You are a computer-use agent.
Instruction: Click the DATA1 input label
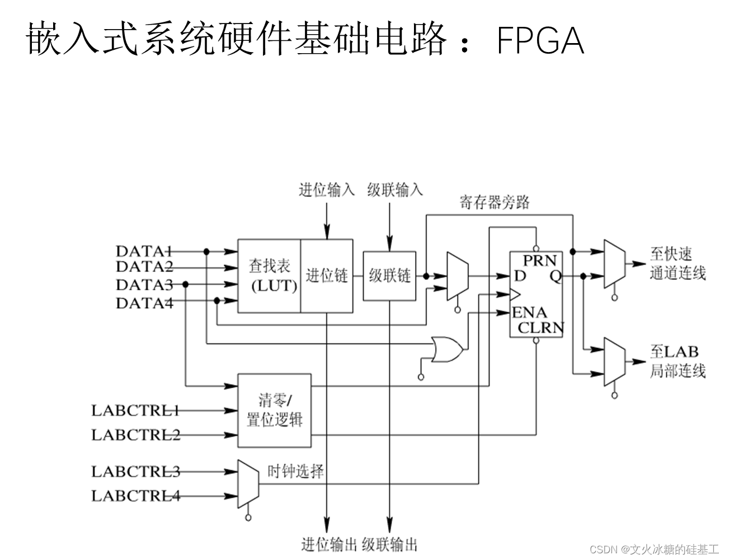tap(143, 251)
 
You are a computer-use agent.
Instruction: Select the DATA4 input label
tap(144, 303)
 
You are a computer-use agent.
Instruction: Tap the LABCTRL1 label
tap(135, 410)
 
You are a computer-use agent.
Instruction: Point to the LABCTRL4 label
tap(135, 496)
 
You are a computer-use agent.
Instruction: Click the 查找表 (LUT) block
tap(270, 276)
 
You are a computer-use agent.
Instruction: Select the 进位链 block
tap(327, 276)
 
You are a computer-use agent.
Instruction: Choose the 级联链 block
tap(390, 276)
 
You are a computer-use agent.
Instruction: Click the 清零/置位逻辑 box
tap(274, 410)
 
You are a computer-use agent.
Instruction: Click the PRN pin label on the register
tap(539, 261)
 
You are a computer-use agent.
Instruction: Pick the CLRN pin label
tap(540, 328)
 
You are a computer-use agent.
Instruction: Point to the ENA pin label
tap(529, 312)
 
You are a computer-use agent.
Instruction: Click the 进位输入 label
tap(327, 190)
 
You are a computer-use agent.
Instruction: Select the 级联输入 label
tap(395, 190)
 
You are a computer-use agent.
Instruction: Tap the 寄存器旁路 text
tap(495, 202)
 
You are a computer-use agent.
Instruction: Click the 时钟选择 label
tap(295, 471)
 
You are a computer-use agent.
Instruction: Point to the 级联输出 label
tap(390, 544)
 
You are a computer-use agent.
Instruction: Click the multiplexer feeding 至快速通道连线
tap(614, 264)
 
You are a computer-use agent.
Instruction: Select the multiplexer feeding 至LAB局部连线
tap(614, 362)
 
